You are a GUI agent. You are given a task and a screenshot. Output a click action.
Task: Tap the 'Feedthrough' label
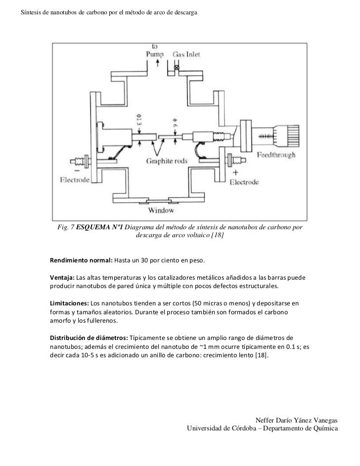click(x=276, y=155)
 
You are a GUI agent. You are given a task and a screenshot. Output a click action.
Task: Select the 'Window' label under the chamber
click(x=162, y=211)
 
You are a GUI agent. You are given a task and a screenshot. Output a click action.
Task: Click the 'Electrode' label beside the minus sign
click(x=75, y=180)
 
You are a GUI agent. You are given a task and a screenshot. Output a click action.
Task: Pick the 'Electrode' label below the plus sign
click(x=244, y=182)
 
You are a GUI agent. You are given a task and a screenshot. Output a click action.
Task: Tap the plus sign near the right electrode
click(x=235, y=173)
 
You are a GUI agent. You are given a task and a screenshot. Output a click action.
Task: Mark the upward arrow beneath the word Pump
click(x=157, y=63)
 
